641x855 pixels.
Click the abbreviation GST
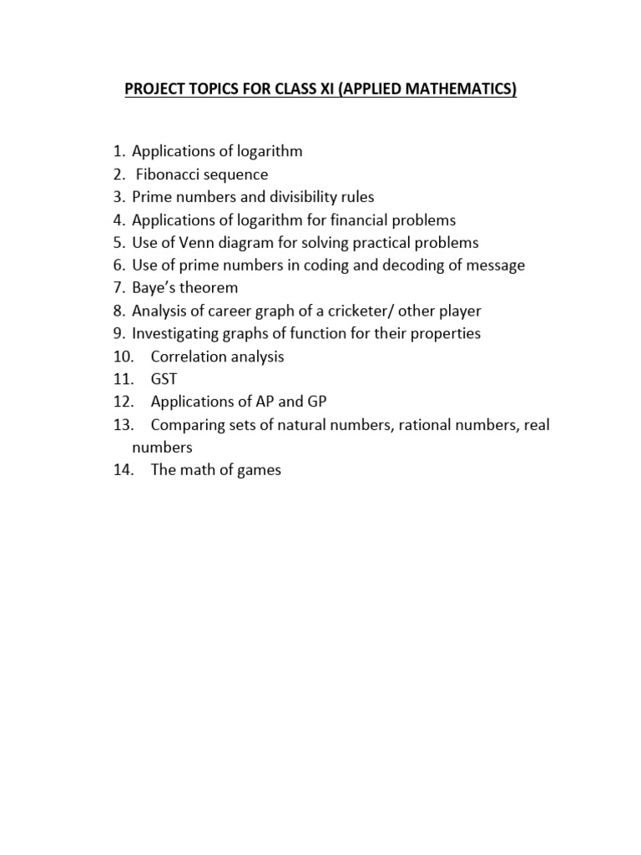164,379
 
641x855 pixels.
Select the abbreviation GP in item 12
317,402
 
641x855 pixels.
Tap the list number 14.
123,470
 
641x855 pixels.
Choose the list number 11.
123,379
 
